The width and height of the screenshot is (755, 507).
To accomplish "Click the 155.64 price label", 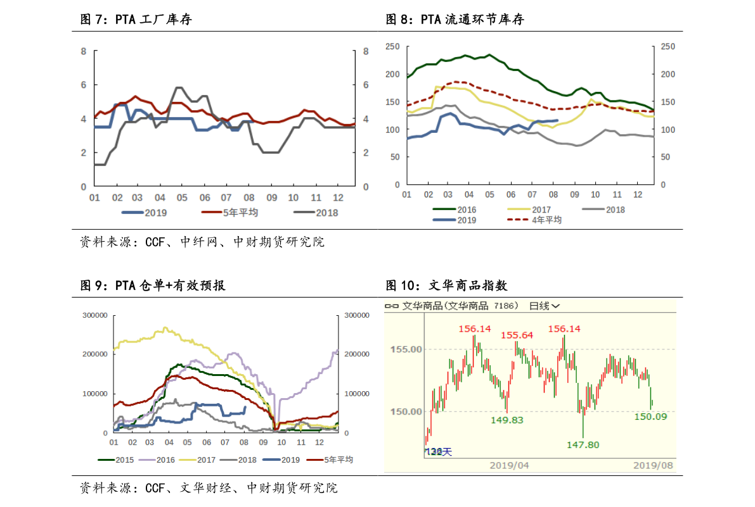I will click(517, 335).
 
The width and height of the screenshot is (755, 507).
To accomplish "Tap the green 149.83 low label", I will click(507, 420).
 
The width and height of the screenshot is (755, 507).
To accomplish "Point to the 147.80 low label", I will click(583, 445).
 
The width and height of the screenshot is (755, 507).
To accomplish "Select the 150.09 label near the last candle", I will click(650, 416).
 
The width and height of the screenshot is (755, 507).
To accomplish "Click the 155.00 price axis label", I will click(406, 349).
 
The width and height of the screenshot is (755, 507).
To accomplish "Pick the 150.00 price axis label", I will click(406, 411).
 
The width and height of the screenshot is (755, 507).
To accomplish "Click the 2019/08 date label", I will click(654, 465).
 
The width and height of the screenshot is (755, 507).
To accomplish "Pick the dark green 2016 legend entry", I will click(466, 210).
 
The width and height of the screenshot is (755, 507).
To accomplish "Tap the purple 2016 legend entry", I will click(165, 460).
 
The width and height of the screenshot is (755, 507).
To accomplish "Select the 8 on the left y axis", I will click(83, 51).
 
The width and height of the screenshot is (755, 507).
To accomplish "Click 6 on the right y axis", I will click(366, 85).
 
